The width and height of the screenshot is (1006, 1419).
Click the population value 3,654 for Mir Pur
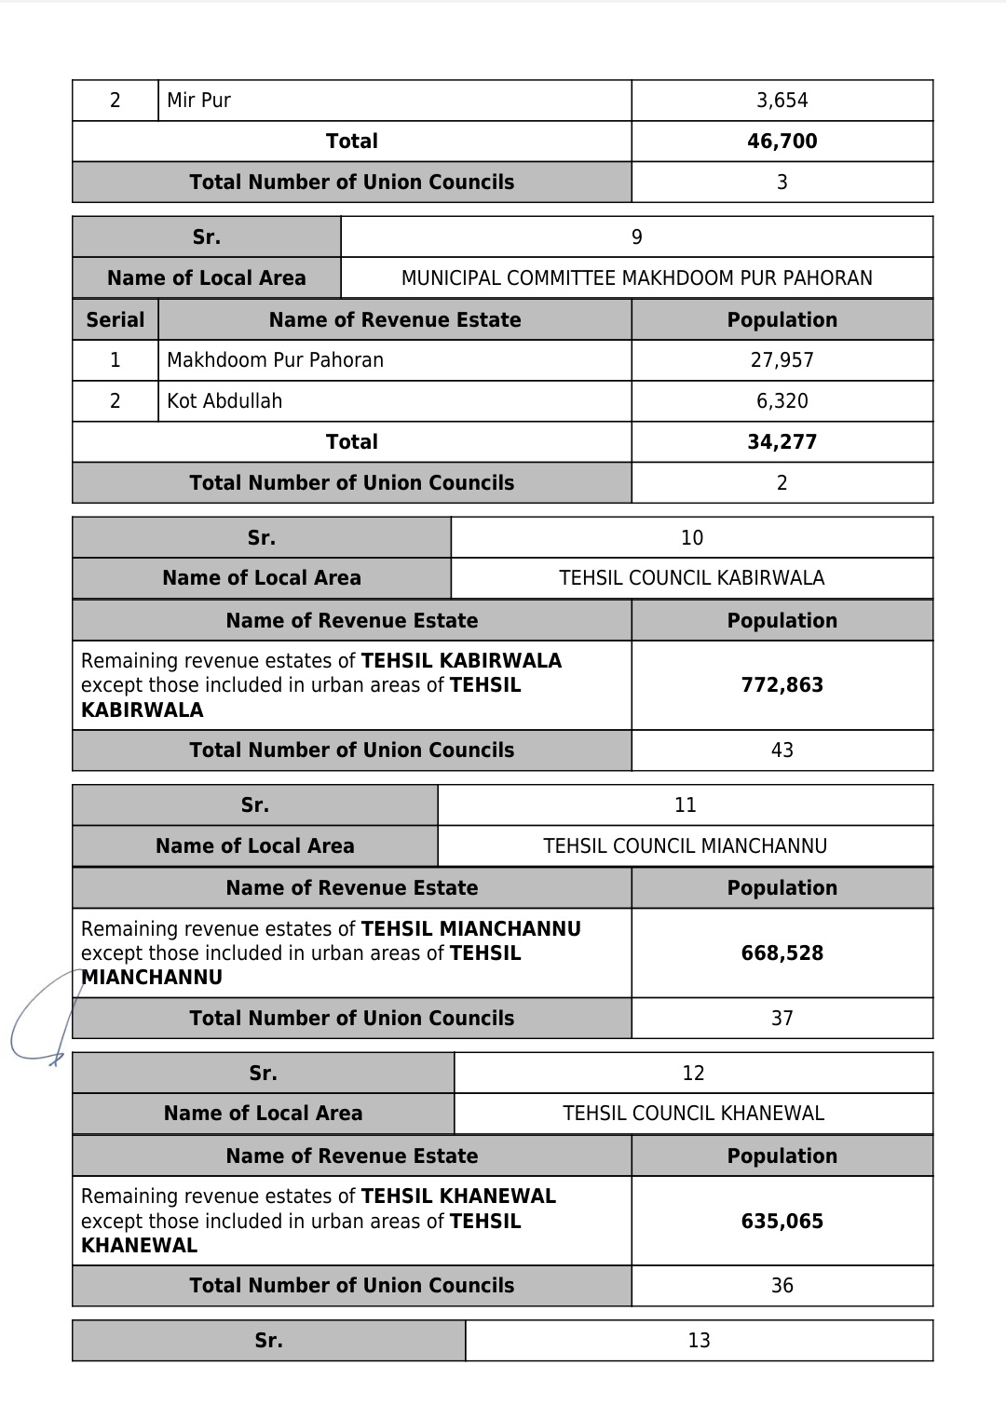782,101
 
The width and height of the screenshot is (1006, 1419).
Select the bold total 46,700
782,142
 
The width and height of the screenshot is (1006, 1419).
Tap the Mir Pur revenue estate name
198,101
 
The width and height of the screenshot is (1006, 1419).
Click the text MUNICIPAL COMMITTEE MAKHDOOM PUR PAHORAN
636,278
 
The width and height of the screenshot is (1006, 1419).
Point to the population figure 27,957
782,360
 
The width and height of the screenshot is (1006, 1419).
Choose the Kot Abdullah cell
224,401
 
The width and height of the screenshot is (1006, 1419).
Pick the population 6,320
782,401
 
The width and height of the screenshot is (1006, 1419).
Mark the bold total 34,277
782,442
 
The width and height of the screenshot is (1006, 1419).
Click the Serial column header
115,320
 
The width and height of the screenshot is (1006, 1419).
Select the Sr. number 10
692,538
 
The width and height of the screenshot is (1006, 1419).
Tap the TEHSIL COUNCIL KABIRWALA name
692,578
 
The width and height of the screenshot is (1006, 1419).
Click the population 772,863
782,685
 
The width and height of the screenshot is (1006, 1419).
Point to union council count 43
782,750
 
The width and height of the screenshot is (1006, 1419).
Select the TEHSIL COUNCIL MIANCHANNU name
685,846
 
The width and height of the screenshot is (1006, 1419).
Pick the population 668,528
782,953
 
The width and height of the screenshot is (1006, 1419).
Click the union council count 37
782,1019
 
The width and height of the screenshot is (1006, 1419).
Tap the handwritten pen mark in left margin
37,1024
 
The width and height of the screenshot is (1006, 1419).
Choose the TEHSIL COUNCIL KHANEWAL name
693,1114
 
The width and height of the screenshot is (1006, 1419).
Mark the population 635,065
782,1222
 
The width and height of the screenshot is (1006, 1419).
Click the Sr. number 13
699,1341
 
